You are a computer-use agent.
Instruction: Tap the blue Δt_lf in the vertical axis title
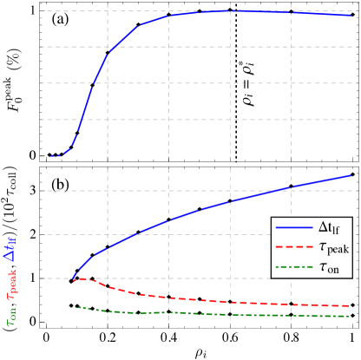click(x=11, y=248)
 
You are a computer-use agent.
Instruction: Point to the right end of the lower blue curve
click(x=351, y=175)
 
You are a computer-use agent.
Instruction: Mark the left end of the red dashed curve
click(x=72, y=279)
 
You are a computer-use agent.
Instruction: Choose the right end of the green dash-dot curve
click(x=351, y=317)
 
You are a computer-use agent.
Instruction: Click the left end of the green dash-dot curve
click(x=69, y=307)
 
